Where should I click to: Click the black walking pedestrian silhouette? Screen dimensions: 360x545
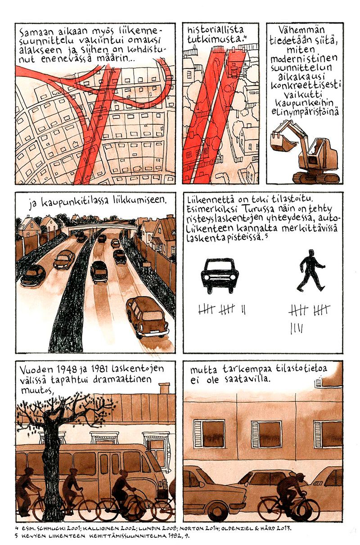coord(310,270)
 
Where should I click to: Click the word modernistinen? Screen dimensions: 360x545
coord(304,59)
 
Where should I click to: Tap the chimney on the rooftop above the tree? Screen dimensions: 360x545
coord(164,388)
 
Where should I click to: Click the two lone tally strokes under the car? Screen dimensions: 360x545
coord(243,310)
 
